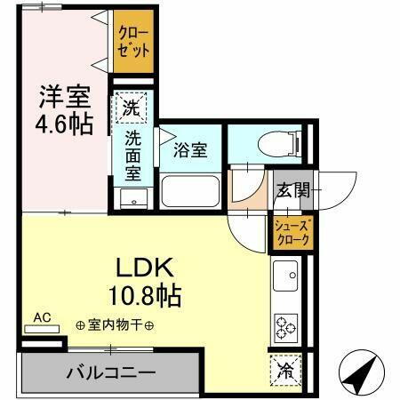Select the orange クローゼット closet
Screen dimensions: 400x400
pyautogui.click(x=133, y=42)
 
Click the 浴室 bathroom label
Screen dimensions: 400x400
pyautogui.click(x=190, y=148)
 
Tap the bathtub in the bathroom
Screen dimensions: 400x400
pyautogui.click(x=190, y=191)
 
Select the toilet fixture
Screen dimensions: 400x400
pyautogui.click(x=267, y=145)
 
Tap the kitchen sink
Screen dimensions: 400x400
pyautogui.click(x=286, y=277)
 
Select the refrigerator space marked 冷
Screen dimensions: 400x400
pyautogui.click(x=286, y=366)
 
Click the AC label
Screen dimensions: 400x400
pyautogui.click(x=42, y=317)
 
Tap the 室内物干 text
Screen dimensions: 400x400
pyautogui.click(x=115, y=325)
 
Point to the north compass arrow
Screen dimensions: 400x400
pyautogui.click(x=364, y=376)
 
